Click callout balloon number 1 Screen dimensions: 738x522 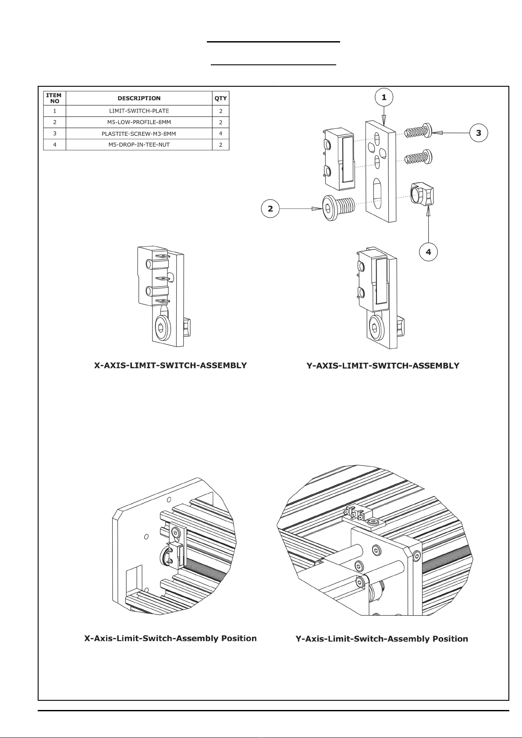coord(384,97)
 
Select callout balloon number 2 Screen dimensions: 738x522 coord(270,209)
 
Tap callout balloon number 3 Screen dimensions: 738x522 coord(479,133)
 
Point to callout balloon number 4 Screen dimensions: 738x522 coord(428,252)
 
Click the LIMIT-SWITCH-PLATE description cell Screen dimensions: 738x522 coord(139,111)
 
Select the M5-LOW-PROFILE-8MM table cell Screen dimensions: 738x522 coord(139,122)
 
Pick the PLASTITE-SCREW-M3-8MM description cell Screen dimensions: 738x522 coord(139,134)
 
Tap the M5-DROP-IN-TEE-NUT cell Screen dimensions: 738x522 coord(139,145)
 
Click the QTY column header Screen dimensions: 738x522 coord(220,98)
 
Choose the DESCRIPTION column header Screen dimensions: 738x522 coord(139,98)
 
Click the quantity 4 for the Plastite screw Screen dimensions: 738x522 coord(220,134)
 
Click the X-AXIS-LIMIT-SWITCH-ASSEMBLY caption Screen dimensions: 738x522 coord(170,365)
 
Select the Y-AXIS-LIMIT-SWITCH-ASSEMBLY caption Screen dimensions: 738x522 coord(383,366)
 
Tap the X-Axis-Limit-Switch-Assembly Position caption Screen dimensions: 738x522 coord(170,638)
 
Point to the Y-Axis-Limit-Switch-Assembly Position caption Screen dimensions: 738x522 coord(382,639)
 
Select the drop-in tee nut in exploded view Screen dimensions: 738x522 coord(421,195)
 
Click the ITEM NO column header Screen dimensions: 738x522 coord(54,98)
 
